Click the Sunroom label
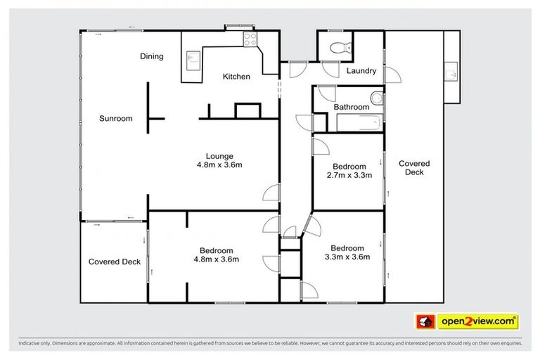coord(115,119)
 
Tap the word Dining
coord(151,57)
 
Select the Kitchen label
coord(236,77)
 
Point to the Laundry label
coord(361,71)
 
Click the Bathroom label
coord(351,107)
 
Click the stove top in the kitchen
coord(249,39)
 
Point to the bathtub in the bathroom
coord(359,123)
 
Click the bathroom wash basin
coord(378,98)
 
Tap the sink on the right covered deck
coord(451,71)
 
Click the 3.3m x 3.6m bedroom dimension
coord(347,257)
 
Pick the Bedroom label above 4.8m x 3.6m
coord(216,250)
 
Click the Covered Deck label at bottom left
coord(114,262)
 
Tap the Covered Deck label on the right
coord(413,167)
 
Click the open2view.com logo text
coord(477,321)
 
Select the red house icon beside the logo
coord(424,321)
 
